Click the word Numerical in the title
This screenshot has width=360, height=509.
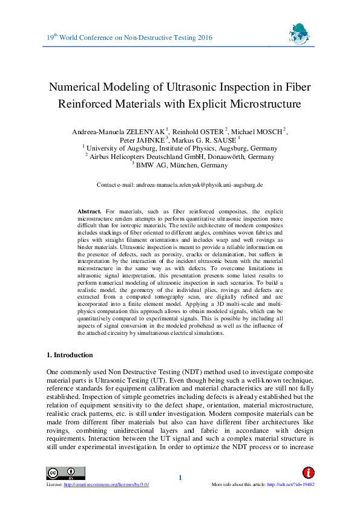coord(75,86)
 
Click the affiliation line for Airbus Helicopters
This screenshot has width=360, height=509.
coord(180,157)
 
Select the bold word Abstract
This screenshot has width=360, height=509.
coord(90,210)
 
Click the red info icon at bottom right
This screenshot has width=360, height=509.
coord(308,473)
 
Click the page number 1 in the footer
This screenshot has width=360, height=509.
coord(180,479)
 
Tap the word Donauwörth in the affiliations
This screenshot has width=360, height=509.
coord(223,157)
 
